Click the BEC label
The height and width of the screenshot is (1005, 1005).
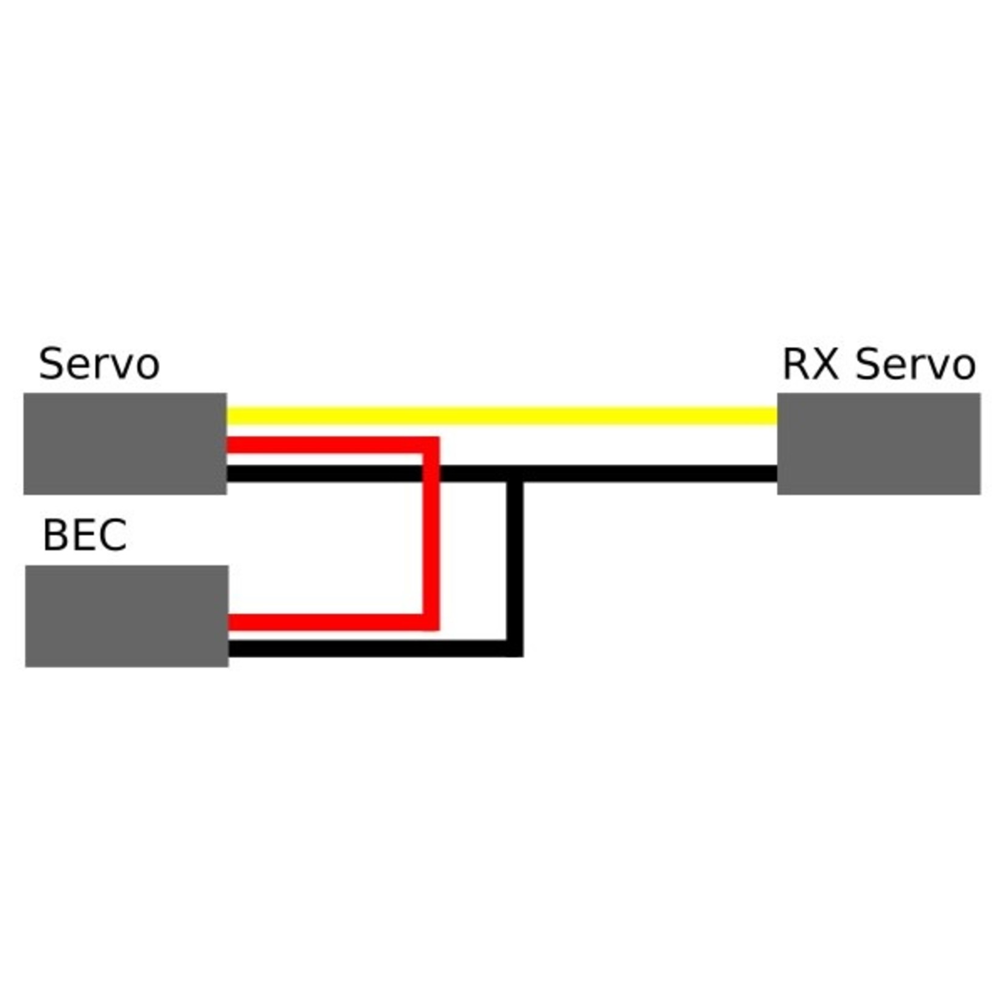point(85,535)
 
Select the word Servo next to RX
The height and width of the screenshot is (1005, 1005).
point(916,364)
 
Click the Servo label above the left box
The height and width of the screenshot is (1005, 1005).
point(99,364)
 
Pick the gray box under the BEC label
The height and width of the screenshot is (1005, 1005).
point(127,616)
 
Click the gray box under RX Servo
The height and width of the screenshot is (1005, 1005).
point(878,443)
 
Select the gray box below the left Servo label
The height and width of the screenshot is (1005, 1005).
point(125,443)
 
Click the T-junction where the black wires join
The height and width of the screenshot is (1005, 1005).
point(515,474)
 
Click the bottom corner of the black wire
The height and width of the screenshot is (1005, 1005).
point(515,649)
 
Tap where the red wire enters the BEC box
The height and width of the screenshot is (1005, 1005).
point(230,622)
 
